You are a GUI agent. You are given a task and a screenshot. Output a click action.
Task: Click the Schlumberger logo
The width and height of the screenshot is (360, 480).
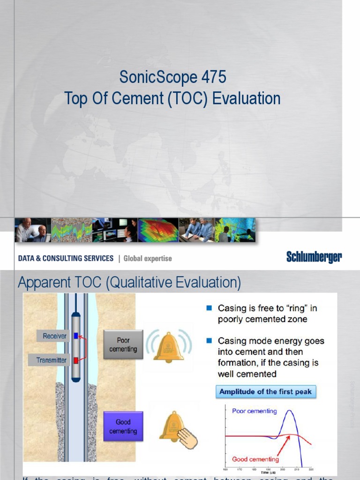[314, 257]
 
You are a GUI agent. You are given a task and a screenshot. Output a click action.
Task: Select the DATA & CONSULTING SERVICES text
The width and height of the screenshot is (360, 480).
[66, 258]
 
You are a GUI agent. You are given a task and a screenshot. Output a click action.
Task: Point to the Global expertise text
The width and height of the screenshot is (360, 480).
[148, 258]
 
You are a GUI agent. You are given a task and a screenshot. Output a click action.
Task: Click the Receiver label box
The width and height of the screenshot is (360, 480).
[54, 336]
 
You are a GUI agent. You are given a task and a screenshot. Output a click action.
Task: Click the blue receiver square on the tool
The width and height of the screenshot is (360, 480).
[76, 336]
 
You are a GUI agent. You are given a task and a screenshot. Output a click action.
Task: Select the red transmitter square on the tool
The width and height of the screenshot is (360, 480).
[76, 360]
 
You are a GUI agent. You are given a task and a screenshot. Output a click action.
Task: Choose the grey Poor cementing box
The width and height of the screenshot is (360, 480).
[123, 345]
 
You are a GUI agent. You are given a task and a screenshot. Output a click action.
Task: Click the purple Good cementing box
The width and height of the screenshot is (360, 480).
[123, 426]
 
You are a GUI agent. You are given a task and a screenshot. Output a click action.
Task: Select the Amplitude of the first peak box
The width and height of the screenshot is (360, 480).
[266, 391]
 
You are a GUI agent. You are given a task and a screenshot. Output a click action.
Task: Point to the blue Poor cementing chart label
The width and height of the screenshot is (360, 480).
[255, 411]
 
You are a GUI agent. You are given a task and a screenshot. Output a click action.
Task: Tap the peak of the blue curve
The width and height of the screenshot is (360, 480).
[290, 411]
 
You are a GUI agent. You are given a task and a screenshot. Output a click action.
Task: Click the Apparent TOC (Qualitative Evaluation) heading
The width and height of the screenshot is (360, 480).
[129, 283]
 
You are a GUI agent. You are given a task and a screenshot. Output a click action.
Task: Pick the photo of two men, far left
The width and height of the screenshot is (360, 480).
[32, 230]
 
